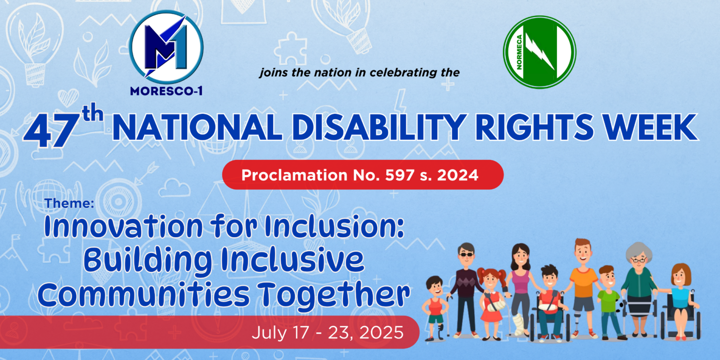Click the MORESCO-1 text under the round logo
(x=166, y=91)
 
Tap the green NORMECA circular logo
(x=539, y=52)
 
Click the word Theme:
(x=70, y=204)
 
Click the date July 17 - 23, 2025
(x=327, y=332)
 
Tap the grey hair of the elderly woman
(x=638, y=252)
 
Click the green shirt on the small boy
(x=608, y=300)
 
